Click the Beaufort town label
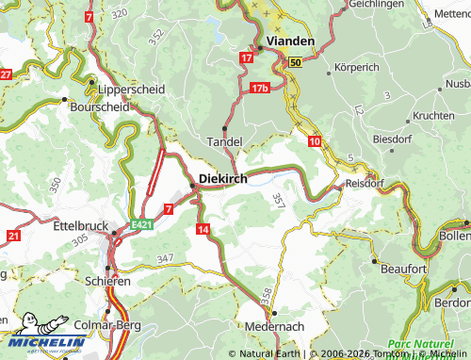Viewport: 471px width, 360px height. (403, 269)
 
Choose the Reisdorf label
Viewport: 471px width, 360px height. (365, 185)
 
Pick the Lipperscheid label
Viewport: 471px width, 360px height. (131, 89)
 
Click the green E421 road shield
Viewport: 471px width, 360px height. (141, 224)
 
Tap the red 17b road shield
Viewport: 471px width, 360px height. (261, 88)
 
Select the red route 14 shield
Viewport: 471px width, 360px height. (203, 229)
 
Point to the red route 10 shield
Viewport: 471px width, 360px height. (314, 140)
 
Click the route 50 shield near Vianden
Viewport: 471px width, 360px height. (295, 62)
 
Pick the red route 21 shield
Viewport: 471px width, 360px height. (12, 235)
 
